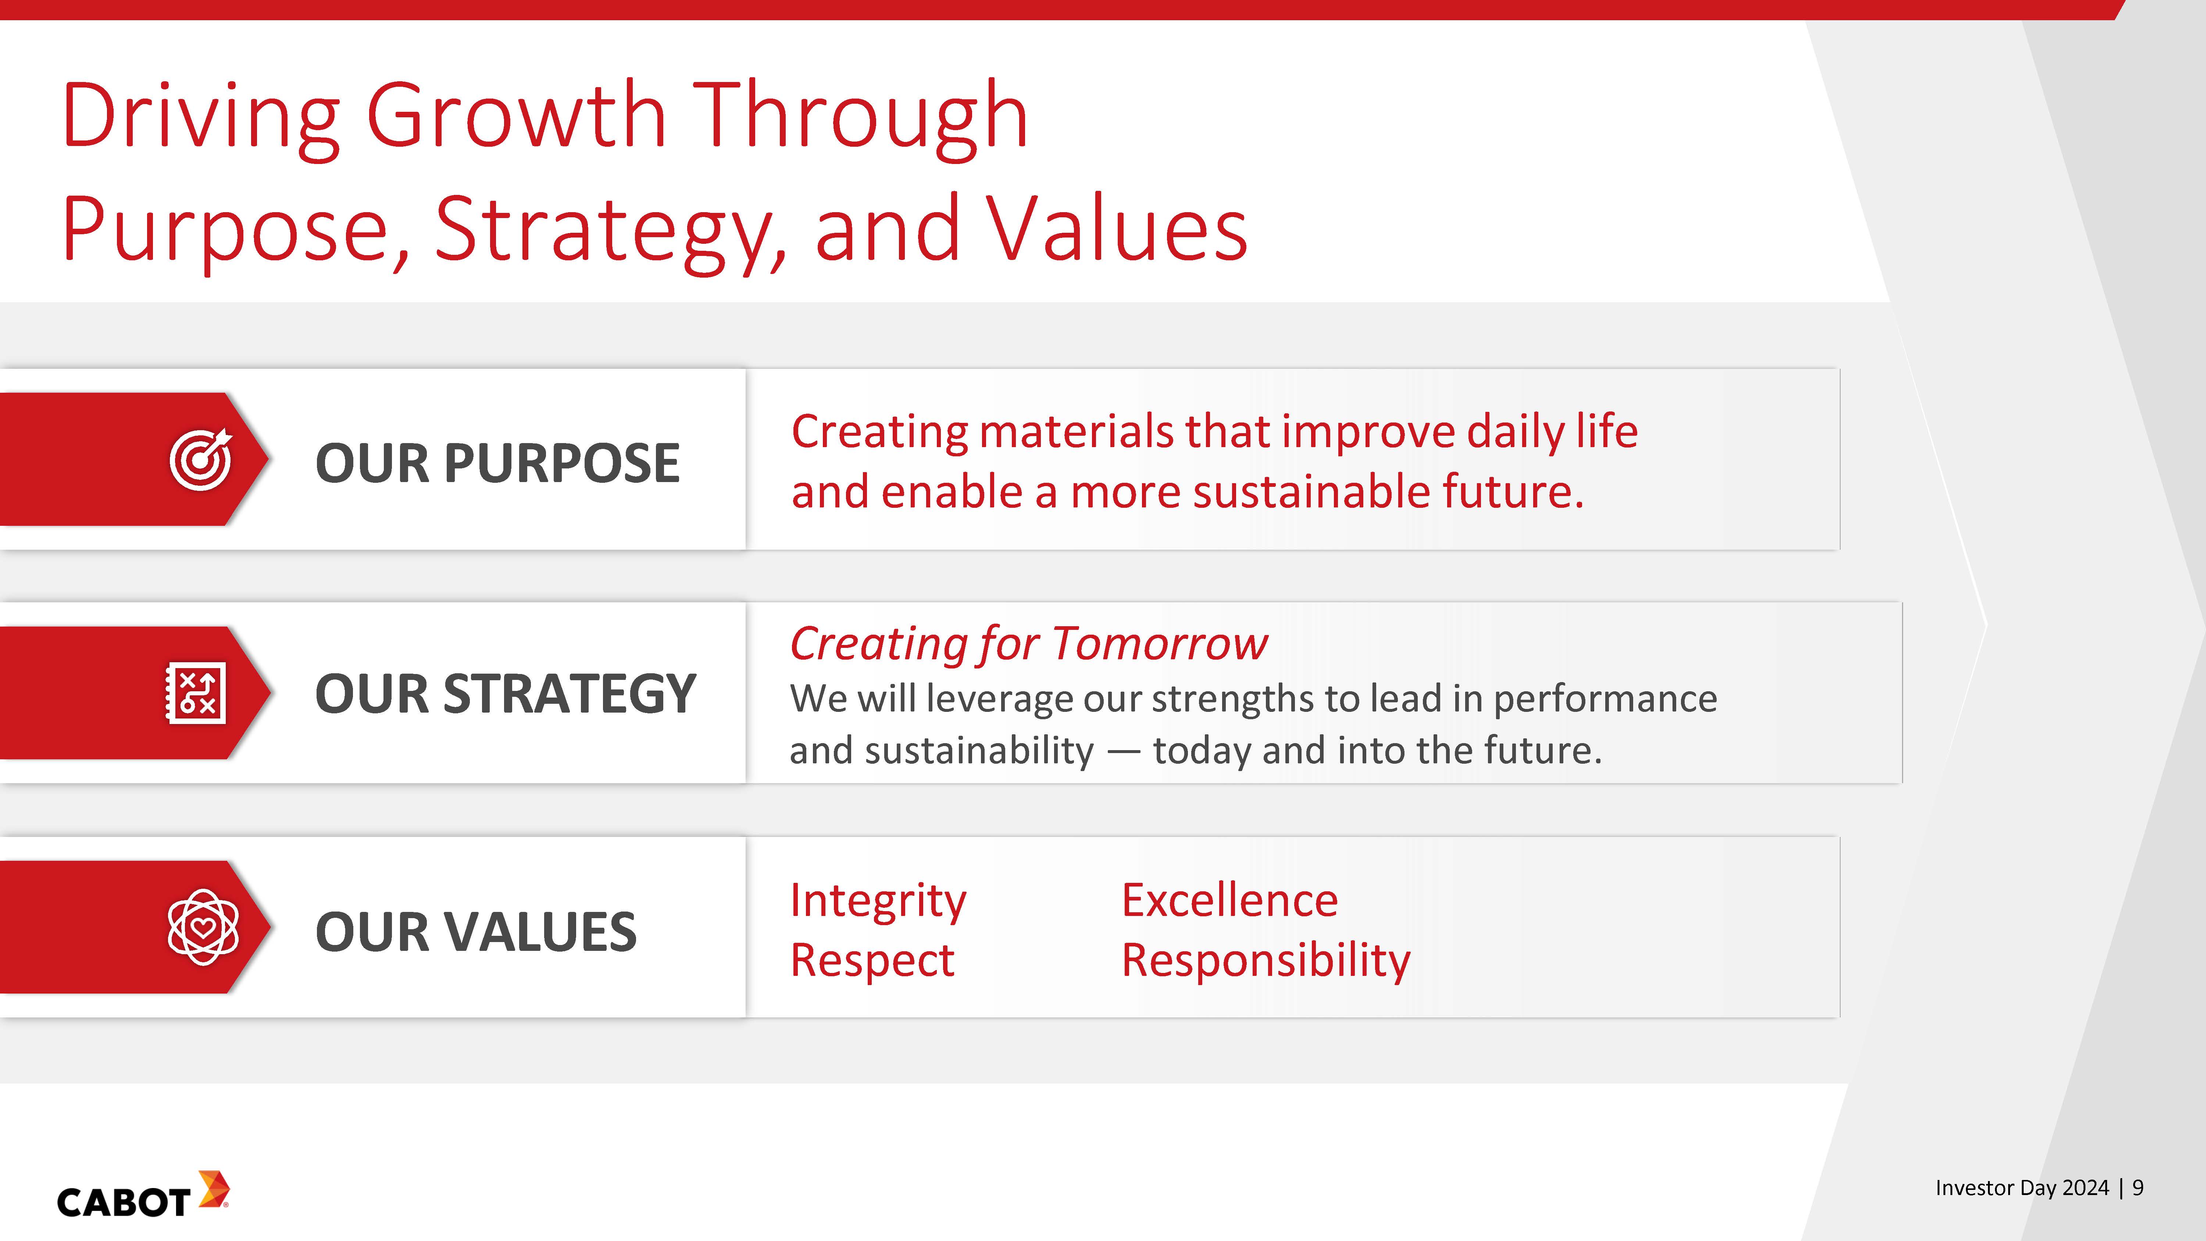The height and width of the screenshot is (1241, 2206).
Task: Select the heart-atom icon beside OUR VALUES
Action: (x=203, y=927)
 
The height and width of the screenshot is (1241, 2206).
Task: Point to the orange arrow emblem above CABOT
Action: (x=213, y=1190)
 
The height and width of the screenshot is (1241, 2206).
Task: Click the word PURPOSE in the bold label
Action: (x=562, y=463)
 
